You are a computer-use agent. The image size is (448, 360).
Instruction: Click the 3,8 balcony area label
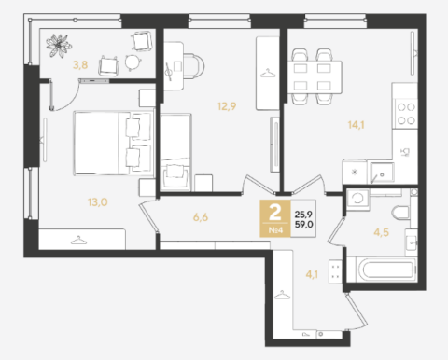[80, 65]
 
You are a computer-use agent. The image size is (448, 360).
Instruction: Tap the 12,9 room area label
[227, 106]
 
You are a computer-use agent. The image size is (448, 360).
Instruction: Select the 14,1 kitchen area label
[356, 125]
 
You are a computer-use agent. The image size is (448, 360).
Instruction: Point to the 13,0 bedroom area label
[98, 202]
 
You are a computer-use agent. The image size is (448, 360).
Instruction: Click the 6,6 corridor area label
[201, 217]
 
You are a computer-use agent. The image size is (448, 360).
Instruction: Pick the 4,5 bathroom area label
[381, 232]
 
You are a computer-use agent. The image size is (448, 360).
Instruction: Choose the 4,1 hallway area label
[312, 274]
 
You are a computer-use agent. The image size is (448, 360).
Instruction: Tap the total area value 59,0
[304, 224]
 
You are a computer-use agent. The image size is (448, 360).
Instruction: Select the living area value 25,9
[303, 215]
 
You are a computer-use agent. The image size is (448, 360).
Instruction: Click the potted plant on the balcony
[58, 46]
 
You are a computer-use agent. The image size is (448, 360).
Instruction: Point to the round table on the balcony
[133, 62]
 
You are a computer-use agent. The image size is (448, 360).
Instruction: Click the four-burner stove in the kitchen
[406, 114]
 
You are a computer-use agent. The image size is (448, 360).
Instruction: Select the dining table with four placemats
[315, 77]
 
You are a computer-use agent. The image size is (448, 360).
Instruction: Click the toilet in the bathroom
[401, 214]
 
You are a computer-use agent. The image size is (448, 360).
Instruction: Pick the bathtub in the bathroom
[383, 270]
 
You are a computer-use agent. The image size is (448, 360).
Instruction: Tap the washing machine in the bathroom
[357, 198]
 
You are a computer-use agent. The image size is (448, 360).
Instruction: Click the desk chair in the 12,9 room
[194, 66]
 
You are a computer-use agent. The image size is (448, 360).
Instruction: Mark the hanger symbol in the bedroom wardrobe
[78, 240]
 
